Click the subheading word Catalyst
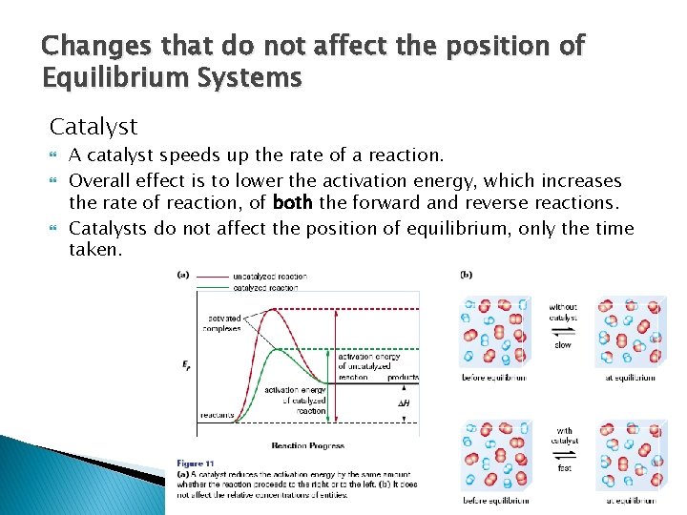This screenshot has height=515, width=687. point(94,126)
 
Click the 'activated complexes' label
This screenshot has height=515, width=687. point(222,323)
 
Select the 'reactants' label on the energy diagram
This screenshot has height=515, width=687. point(219,415)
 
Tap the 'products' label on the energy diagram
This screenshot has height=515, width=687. point(403,377)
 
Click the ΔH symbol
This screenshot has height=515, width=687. point(404,403)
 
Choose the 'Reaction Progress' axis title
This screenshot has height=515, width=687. point(308,445)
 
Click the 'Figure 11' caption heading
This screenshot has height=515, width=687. point(195,463)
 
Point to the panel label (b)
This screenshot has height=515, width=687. point(466,276)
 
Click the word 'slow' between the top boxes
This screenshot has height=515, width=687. point(563,345)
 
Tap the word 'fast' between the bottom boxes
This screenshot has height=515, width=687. point(563,468)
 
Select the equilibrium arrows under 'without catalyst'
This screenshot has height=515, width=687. point(563,331)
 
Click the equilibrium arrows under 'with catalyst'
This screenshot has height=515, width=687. point(563,455)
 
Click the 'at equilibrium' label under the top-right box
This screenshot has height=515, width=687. point(631,378)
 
